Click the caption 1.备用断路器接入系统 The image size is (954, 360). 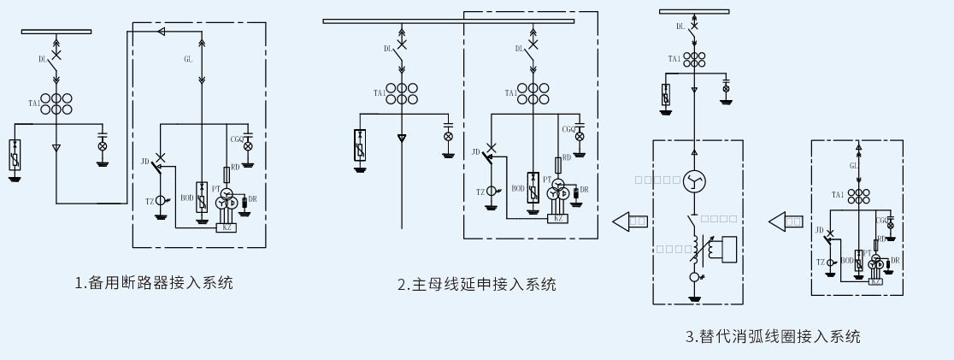point(155,283)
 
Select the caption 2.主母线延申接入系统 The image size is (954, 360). point(476,285)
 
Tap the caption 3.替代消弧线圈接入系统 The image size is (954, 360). point(772,336)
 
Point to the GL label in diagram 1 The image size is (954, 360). point(188,60)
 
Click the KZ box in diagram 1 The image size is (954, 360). point(227,227)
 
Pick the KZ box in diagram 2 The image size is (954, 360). point(559,218)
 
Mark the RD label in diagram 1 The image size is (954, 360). point(235,168)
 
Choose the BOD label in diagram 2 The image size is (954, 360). point(518,188)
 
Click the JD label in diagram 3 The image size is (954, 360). point(819,230)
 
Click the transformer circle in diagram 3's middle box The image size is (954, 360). point(694,180)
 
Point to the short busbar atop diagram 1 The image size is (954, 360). point(56,32)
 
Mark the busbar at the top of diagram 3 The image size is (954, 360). point(694,11)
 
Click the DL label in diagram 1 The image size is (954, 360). point(43,59)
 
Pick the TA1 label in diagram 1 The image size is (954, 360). point(34,103)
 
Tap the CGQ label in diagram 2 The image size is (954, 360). point(568,129)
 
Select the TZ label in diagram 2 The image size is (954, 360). point(482,192)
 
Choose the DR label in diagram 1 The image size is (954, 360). point(252,199)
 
